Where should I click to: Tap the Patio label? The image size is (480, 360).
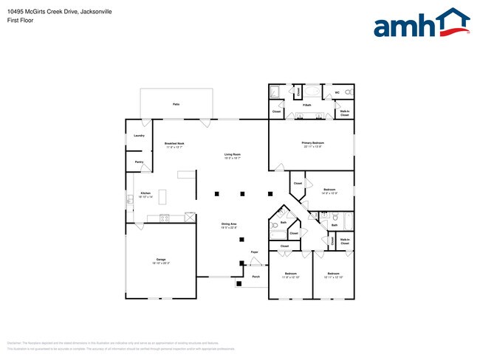(x=176, y=104)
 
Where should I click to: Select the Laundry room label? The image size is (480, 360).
(x=139, y=136)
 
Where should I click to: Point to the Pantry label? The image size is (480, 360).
(x=139, y=162)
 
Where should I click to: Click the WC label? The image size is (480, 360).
(x=337, y=92)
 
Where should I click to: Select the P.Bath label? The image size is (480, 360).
(x=306, y=105)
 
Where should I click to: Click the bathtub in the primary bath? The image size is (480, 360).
(x=312, y=92)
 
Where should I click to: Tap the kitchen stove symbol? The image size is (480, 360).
(x=164, y=217)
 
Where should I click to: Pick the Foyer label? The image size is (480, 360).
(x=254, y=252)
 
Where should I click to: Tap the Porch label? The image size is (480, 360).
(x=256, y=277)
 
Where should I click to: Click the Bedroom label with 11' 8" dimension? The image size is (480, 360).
(x=290, y=274)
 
